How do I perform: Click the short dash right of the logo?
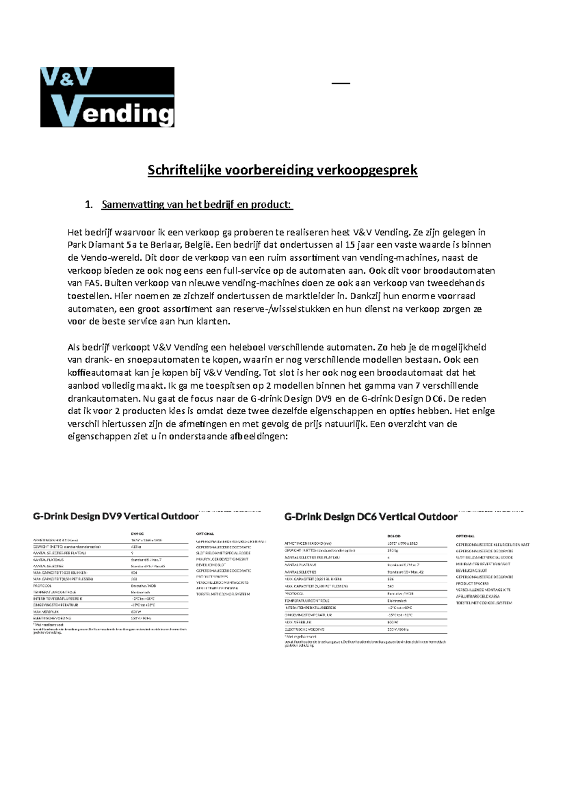pos(341,83)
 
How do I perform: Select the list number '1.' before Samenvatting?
pos(88,204)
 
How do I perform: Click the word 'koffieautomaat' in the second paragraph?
pos(97,373)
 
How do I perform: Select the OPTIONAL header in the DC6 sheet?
pos(465,536)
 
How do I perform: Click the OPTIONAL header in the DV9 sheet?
pos(205,534)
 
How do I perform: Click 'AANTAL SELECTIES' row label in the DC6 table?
pos(300,572)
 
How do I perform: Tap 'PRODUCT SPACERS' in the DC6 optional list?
pos(472,583)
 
